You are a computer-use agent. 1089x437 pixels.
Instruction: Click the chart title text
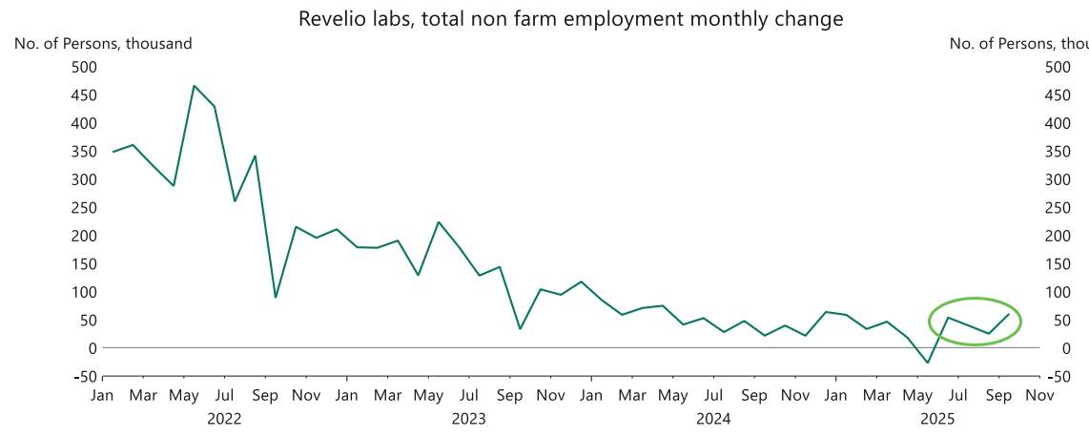pos(570,19)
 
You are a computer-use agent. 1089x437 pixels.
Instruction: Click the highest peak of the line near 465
pos(195,86)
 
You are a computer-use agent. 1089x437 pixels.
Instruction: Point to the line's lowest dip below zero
pos(927,363)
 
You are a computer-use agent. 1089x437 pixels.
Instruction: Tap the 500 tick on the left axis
pos(84,67)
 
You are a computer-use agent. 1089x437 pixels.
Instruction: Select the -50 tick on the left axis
pos(84,376)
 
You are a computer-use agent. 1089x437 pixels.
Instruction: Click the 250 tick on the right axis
pos(1058,207)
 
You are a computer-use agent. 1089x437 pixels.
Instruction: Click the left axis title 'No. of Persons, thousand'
pos(103,44)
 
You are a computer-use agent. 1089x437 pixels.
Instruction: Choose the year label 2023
pos(468,418)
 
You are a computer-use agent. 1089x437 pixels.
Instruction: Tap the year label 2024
pos(713,418)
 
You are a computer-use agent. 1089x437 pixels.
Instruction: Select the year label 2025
pos(937,418)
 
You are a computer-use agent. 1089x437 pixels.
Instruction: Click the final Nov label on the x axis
pos(1039,395)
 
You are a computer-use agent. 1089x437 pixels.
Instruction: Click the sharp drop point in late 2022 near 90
pos(276,297)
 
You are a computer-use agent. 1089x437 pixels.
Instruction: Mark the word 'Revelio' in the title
pos(331,19)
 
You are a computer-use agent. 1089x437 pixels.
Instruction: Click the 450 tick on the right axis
pos(1058,94)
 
